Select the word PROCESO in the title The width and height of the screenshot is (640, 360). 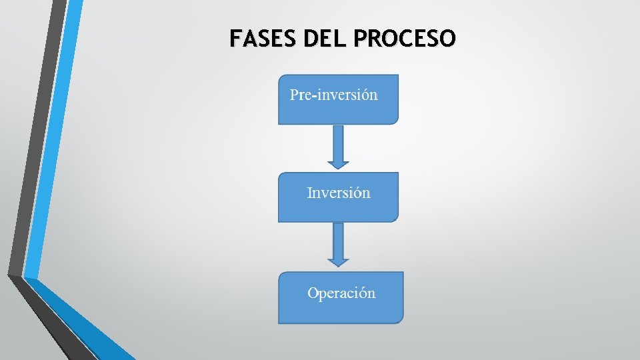(405, 38)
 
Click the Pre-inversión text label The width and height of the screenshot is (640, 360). (333, 95)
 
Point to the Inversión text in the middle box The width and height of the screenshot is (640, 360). (338, 193)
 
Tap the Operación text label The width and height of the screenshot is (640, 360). (341, 293)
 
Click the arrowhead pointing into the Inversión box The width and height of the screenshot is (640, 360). (338, 163)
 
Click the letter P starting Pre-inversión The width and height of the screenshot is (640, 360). (294, 95)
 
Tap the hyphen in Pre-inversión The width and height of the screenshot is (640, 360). (314, 96)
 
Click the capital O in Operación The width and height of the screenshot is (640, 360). (313, 293)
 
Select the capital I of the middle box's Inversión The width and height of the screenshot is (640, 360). (309, 193)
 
